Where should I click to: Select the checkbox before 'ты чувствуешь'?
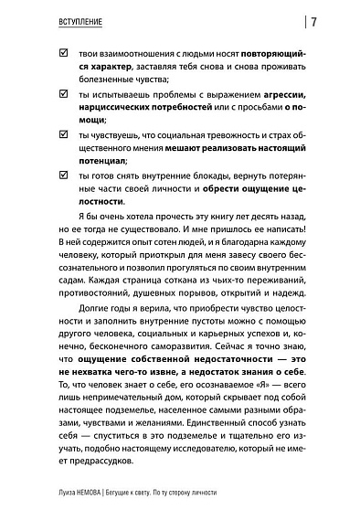click(62, 134)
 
